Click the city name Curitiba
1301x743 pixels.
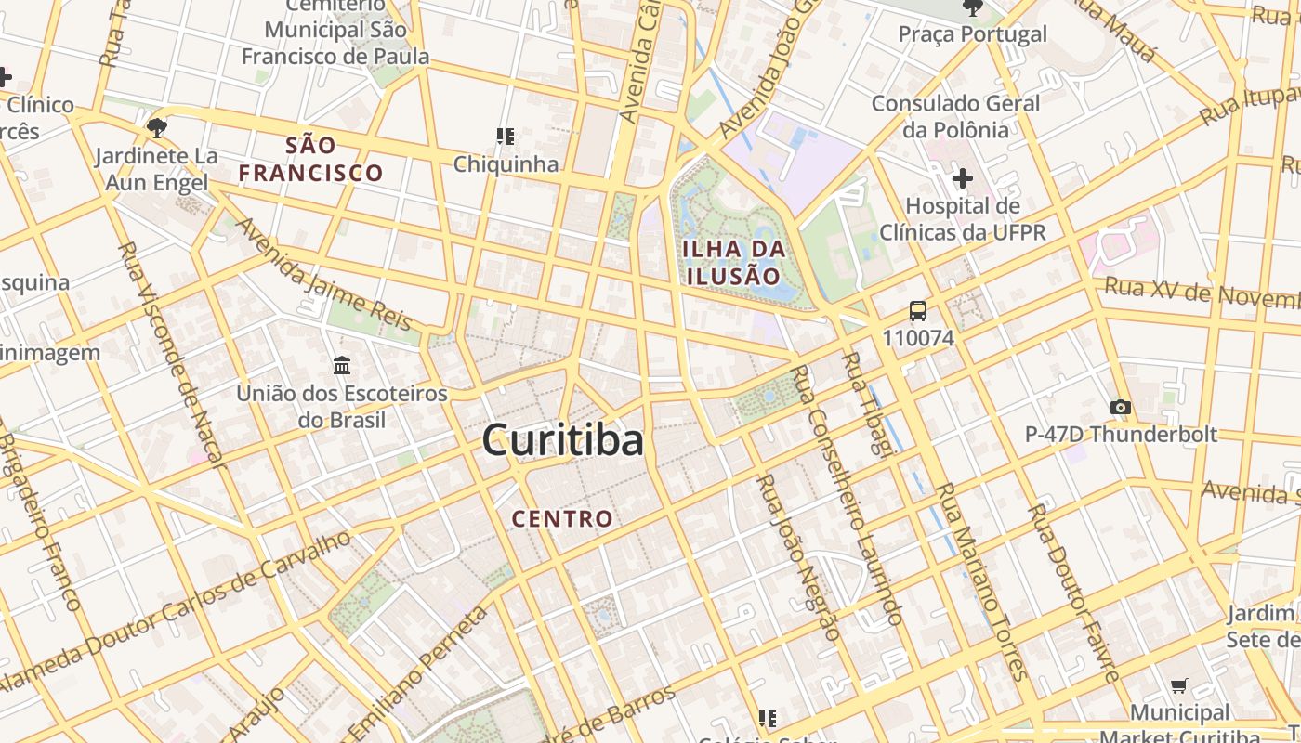click(x=562, y=440)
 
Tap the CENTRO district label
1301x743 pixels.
click(x=563, y=518)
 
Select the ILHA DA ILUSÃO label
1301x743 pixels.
click(x=734, y=262)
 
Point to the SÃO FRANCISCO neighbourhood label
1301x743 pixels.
click(x=310, y=159)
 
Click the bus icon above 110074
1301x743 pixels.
click(x=918, y=311)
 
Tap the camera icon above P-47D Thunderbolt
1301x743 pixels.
click(x=1121, y=407)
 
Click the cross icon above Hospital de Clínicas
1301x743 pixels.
click(x=963, y=177)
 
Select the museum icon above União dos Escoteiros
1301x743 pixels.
click(x=341, y=366)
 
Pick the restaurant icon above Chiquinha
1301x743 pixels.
click(x=506, y=137)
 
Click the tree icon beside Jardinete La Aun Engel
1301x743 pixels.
click(x=156, y=127)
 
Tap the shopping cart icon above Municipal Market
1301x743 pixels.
click(x=1179, y=686)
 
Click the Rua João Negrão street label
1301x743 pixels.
click(x=799, y=557)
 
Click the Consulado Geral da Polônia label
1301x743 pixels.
click(x=955, y=116)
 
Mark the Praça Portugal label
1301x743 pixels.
click(x=972, y=34)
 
